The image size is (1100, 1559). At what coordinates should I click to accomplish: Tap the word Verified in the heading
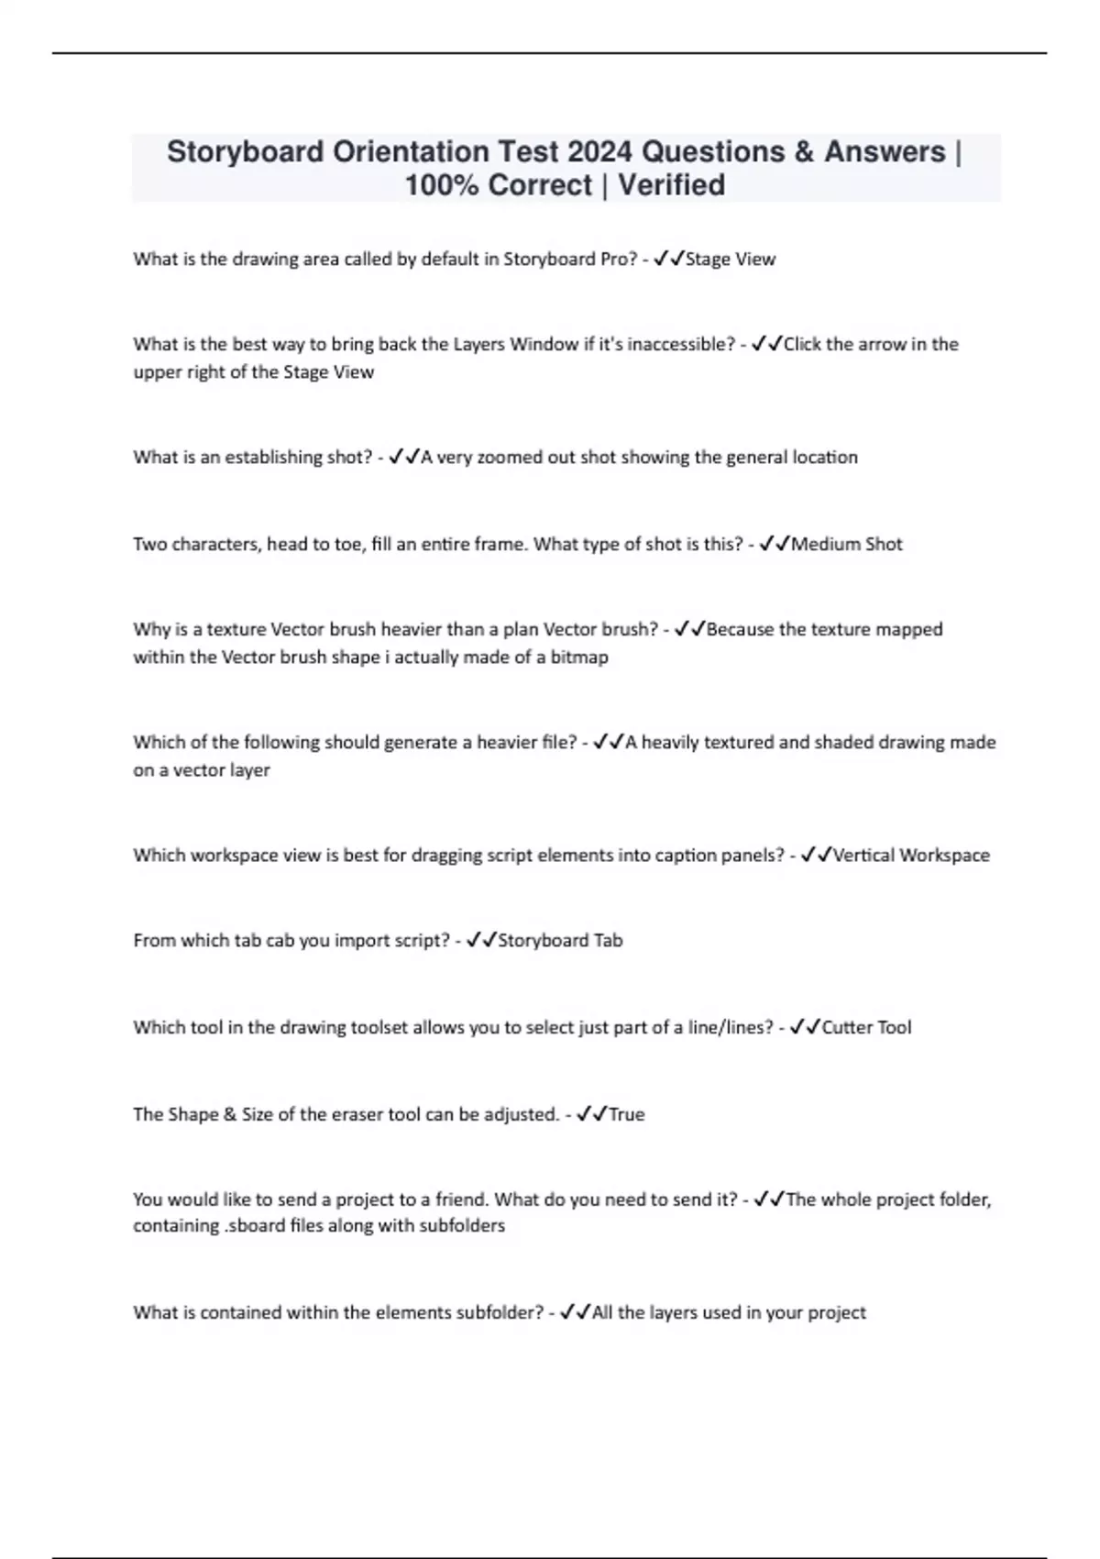671,185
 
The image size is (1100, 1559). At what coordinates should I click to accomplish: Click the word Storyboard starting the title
245,151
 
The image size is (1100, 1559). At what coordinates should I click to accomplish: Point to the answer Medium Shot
846,544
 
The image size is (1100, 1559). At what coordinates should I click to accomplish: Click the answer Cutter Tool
866,1027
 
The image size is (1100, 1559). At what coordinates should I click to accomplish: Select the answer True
627,1114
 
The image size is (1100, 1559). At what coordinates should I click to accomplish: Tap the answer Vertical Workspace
911,855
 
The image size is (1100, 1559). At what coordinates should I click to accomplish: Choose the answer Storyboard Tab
560,940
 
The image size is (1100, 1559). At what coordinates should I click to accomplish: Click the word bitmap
578,657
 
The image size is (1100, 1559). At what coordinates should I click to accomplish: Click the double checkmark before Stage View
669,259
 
